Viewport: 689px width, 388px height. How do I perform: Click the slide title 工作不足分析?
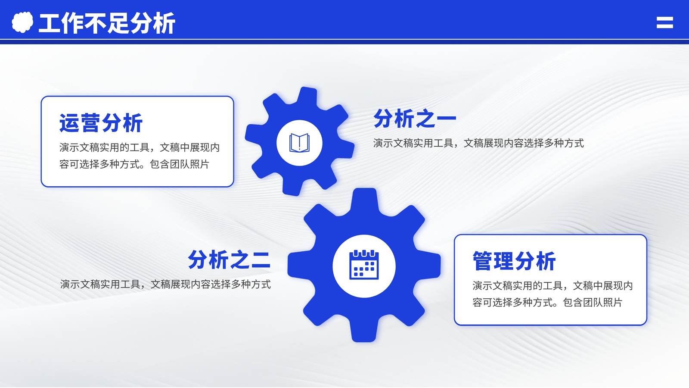point(107,23)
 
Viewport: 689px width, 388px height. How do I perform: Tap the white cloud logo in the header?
point(22,22)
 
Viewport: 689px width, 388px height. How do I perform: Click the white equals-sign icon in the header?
point(665,22)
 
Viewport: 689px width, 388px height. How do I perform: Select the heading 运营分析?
point(101,123)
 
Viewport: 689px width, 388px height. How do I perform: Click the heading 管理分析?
point(514,261)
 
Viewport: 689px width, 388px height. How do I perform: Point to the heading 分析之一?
point(415,118)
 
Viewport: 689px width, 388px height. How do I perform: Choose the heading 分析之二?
point(229,260)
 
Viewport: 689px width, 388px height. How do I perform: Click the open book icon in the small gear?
point(299,143)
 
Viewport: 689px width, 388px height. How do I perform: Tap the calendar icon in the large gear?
point(364,265)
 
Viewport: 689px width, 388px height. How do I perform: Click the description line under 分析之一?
point(478,143)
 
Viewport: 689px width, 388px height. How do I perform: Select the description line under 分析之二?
point(165,284)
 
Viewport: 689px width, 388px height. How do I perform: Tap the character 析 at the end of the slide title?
point(164,23)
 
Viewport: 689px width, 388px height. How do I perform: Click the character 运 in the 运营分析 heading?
point(69,123)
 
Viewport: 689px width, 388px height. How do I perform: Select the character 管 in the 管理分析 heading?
point(483,261)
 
